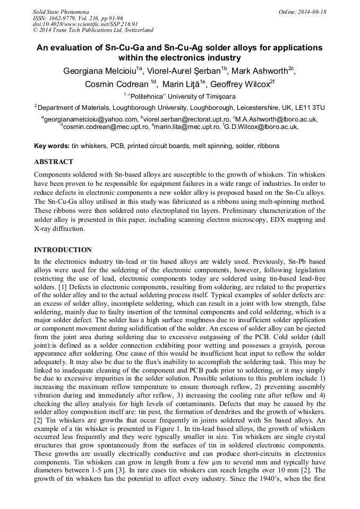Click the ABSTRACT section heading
53,161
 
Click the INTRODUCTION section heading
63,250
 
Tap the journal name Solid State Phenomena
61,12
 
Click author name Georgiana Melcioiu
100,72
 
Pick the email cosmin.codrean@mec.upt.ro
106,127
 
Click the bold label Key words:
52,145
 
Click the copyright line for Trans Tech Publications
93,30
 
